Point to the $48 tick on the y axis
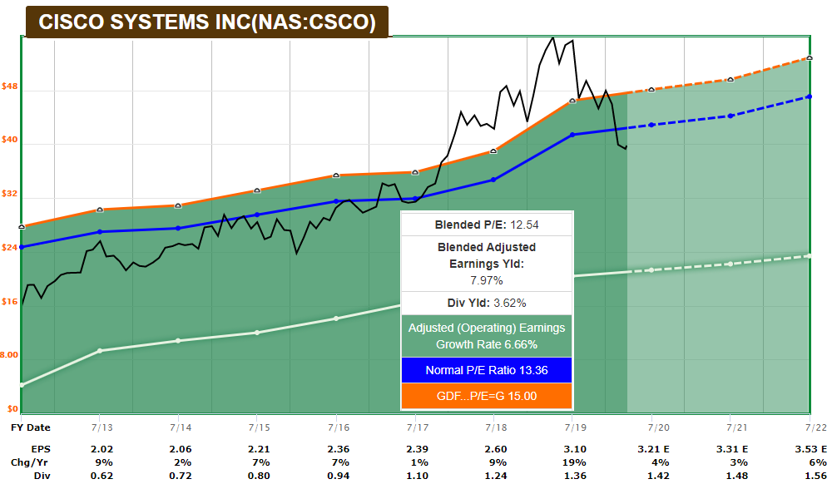(10, 86)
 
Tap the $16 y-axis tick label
(10, 302)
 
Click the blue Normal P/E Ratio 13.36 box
(487, 370)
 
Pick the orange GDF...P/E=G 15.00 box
(487, 396)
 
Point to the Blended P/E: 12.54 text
(487, 225)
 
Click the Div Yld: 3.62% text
(487, 303)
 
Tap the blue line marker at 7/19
(572, 135)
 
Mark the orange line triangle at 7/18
(493, 151)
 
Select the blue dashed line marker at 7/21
(730, 116)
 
